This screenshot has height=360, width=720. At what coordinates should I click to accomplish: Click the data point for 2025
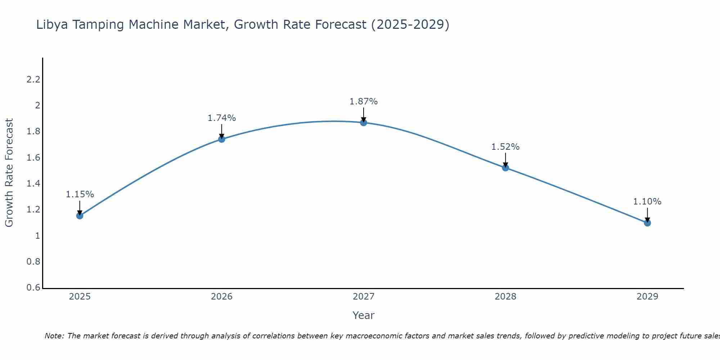click(x=80, y=216)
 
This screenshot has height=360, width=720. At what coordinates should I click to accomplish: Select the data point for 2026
click(x=222, y=139)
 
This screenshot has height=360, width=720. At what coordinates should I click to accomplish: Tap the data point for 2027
click(x=364, y=122)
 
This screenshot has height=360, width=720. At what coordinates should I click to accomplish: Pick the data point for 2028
click(x=505, y=167)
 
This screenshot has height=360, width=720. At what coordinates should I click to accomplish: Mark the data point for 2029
click(x=647, y=223)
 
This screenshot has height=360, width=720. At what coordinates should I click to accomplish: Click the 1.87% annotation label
click(x=364, y=102)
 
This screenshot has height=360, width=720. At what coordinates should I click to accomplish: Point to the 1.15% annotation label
click(x=80, y=194)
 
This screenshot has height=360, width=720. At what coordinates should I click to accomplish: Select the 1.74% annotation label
click(x=222, y=118)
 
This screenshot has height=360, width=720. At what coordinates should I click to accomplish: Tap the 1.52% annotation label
click(x=505, y=147)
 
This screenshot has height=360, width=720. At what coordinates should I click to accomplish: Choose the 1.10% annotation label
click(x=647, y=202)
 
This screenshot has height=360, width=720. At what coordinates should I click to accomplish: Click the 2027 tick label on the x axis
click(x=364, y=297)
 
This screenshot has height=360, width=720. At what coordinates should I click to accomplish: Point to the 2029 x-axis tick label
click(x=647, y=297)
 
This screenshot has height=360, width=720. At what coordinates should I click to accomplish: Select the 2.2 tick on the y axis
click(x=33, y=80)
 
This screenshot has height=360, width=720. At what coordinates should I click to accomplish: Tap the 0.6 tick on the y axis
click(x=33, y=288)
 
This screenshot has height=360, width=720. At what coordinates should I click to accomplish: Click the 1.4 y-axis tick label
click(x=33, y=184)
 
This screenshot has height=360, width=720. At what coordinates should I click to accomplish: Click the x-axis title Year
click(x=364, y=315)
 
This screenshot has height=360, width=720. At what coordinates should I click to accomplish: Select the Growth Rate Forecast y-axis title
click(x=9, y=172)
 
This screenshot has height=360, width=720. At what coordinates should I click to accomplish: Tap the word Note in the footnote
click(x=54, y=336)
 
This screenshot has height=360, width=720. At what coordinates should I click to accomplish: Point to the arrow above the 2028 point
click(x=505, y=160)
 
